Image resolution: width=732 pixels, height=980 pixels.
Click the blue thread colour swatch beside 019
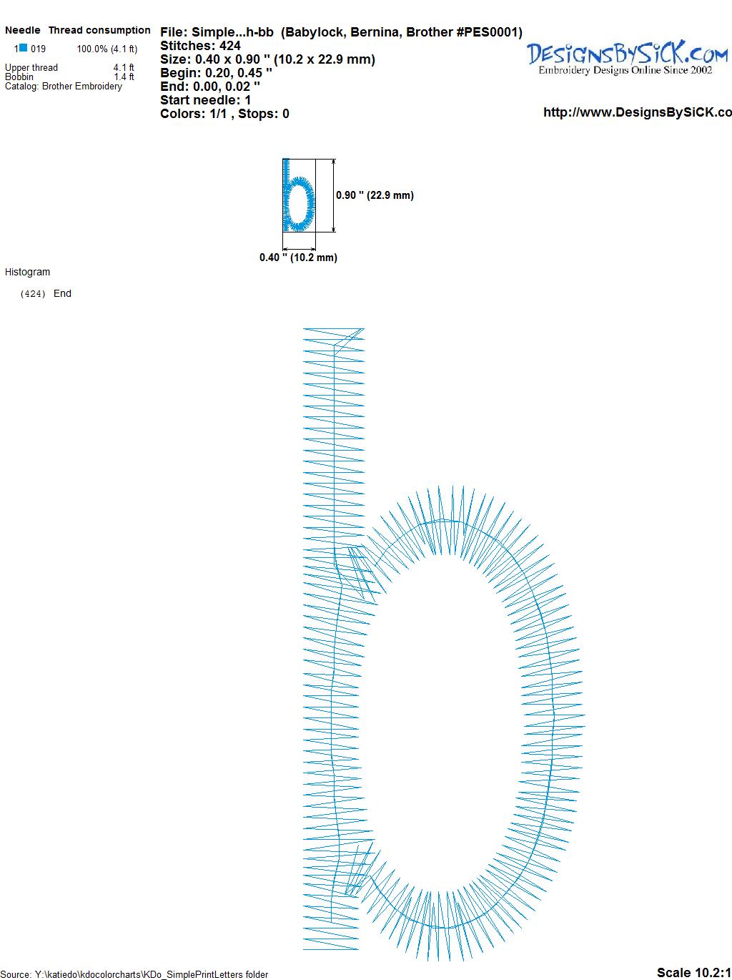pos(23,48)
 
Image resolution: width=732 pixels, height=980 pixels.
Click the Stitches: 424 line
pos(200,46)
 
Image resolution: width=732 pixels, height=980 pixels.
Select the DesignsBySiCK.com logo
pos(628,57)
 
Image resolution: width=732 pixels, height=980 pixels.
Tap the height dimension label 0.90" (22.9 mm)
pos(375,195)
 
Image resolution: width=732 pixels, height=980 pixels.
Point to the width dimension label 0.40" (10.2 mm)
pos(298,258)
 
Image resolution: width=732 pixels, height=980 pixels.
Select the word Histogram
pos(27,272)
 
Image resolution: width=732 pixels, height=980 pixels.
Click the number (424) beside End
pos(33,294)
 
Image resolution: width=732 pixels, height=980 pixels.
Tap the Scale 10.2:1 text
pos(694,972)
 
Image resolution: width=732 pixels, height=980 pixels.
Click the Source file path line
pos(134,974)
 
